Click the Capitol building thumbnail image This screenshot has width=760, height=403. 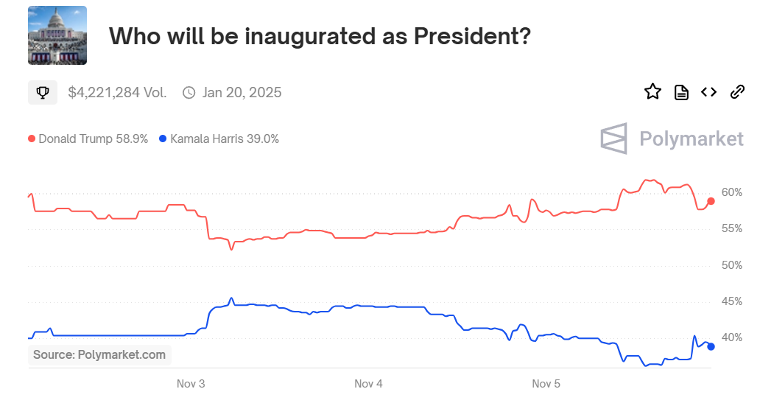pyautogui.click(x=57, y=35)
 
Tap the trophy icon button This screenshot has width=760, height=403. pyautogui.click(x=43, y=93)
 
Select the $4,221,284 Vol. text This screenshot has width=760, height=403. pyautogui.click(x=117, y=93)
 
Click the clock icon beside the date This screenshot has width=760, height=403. pyautogui.click(x=189, y=93)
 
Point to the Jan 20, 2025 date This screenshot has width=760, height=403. pyautogui.click(x=242, y=93)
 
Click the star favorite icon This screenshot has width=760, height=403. pyautogui.click(x=652, y=92)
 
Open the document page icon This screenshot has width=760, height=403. pyautogui.click(x=681, y=92)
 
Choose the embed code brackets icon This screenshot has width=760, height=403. pyautogui.click(x=708, y=92)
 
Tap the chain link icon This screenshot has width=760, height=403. pyautogui.click(x=736, y=92)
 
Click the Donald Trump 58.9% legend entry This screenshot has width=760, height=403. pyautogui.click(x=88, y=139)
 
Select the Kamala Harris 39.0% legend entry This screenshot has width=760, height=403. pyautogui.click(x=219, y=139)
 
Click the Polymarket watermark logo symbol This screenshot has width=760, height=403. pyautogui.click(x=613, y=139)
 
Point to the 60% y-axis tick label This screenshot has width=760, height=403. pyautogui.click(x=732, y=192)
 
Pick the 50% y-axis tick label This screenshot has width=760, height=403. pyautogui.click(x=732, y=265)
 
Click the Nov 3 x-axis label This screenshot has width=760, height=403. pyautogui.click(x=191, y=384)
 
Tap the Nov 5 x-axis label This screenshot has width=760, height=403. pyautogui.click(x=546, y=384)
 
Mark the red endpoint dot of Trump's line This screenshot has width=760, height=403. pyautogui.click(x=711, y=201)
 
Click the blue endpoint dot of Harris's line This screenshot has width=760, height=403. pyautogui.click(x=711, y=346)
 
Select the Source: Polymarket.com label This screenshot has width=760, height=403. pyautogui.click(x=99, y=355)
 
